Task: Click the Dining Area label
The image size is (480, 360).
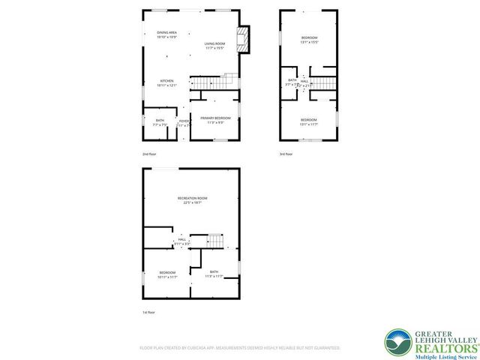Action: [166, 34]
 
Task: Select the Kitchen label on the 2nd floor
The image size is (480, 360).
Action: [166, 82]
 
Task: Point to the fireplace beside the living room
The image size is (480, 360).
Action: [244, 40]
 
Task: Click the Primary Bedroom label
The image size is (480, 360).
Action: [215, 120]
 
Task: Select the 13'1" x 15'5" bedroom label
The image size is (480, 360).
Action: [310, 40]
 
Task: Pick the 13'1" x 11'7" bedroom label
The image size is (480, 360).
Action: [309, 121]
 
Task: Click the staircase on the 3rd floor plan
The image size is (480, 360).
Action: [322, 82]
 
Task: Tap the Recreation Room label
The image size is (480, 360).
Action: [193, 200]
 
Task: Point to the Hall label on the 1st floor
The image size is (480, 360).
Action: [181, 241]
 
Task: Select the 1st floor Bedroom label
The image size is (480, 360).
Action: [167, 274]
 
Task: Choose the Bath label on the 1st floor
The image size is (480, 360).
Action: [214, 274]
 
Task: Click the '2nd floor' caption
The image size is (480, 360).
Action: [150, 154]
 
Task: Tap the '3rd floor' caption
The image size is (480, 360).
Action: [286, 154]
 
